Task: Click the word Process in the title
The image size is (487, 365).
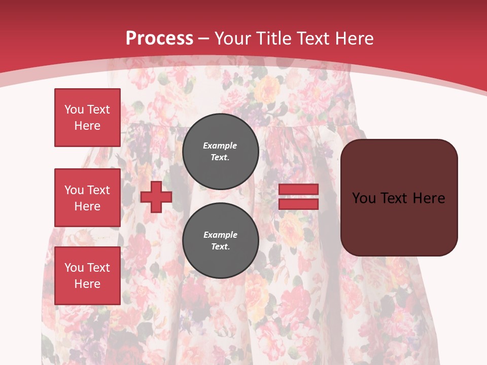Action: (159, 39)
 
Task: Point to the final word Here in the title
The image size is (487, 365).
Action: (353, 39)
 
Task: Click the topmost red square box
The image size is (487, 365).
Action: (87, 118)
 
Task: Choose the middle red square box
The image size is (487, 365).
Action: (87, 198)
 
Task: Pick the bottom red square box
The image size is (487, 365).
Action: (87, 276)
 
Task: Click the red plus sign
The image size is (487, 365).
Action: (156, 197)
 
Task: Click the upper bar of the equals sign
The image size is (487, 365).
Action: (298, 190)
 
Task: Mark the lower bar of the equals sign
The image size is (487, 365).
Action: (298, 204)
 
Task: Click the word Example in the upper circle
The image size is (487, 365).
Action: (220, 145)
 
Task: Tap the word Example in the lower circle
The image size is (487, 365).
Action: (220, 235)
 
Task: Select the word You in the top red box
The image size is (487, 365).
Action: (74, 109)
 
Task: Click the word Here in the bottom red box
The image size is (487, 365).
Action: (87, 284)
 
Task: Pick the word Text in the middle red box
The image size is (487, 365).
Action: (98, 190)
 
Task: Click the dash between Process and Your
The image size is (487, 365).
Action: (204, 39)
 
